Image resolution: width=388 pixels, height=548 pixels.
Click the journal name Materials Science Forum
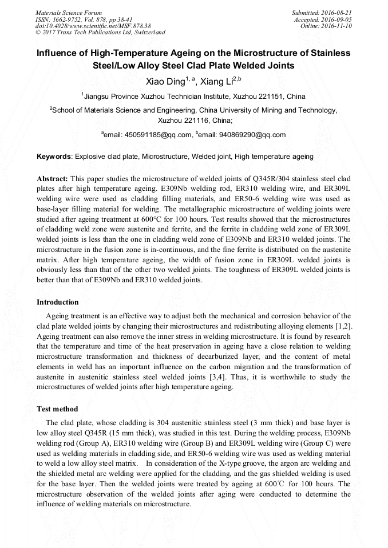pyautogui.click(x=69, y=12)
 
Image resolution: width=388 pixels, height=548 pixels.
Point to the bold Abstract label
pyautogui.click(x=53, y=179)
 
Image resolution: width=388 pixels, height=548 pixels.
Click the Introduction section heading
pyautogui.click(x=58, y=302)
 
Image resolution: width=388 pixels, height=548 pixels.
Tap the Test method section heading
pyautogui.click(x=57, y=409)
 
